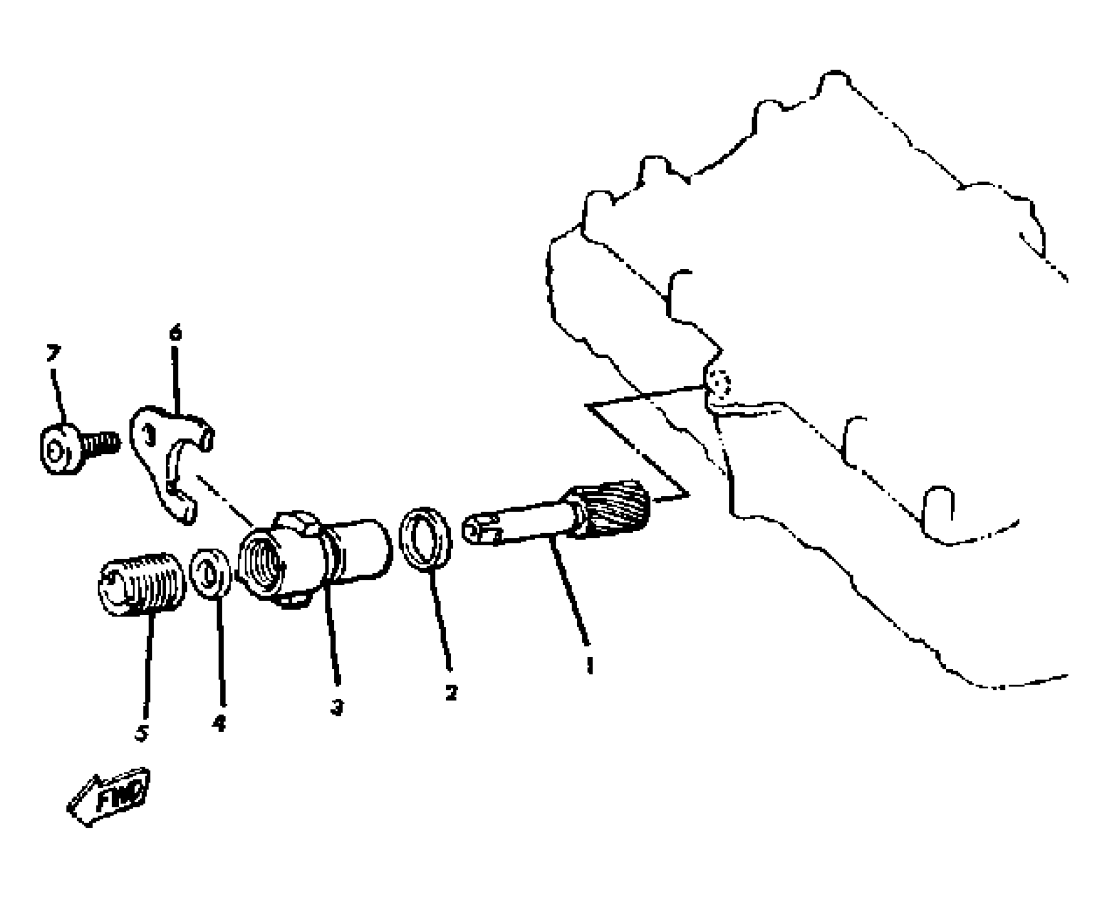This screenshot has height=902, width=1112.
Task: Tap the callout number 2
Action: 451,692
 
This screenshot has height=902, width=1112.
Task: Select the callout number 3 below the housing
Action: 337,707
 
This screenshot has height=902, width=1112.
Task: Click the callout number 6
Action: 176,333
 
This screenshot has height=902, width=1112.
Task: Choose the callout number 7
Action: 53,352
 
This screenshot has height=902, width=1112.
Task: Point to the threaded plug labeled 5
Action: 142,584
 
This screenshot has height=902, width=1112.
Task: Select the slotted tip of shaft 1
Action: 480,530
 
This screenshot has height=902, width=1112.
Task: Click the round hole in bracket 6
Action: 150,437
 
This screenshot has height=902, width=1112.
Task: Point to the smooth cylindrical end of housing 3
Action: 366,549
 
